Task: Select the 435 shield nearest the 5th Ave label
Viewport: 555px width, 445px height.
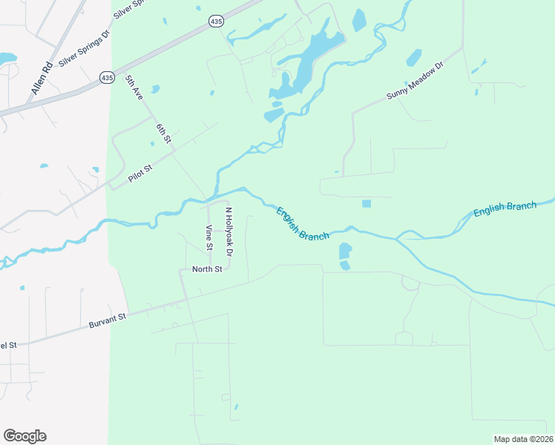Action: click(107, 77)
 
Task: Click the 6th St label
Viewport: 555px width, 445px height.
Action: click(164, 133)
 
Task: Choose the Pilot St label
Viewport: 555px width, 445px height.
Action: click(139, 170)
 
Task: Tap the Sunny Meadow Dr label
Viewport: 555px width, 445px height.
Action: click(414, 82)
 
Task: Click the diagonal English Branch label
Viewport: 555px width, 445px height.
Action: click(302, 223)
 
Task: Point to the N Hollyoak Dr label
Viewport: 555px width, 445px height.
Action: click(230, 233)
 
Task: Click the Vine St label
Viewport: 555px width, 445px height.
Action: click(209, 237)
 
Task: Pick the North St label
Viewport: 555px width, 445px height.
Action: click(207, 269)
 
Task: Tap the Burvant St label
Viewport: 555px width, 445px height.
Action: click(108, 320)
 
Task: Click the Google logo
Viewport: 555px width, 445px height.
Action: click(24, 435)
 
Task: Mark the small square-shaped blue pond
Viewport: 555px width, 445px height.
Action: click(366, 203)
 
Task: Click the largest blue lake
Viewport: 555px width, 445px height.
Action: click(305, 68)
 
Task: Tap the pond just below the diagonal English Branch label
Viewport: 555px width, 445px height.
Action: click(345, 251)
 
